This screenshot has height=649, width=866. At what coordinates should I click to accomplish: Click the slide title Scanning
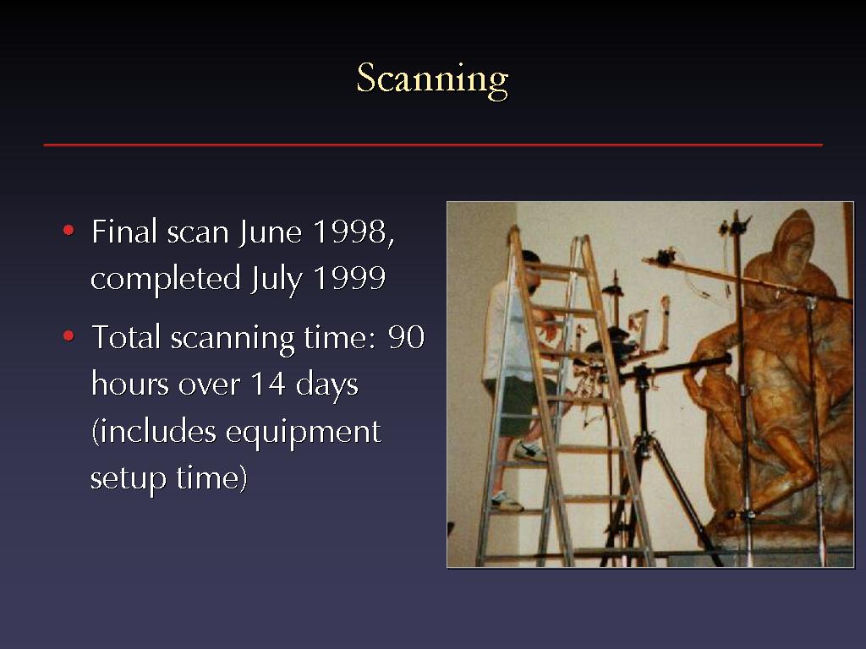click(432, 79)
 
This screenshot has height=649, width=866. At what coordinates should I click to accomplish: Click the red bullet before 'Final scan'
click(69, 230)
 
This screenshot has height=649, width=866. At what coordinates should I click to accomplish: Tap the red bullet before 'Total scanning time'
click(69, 335)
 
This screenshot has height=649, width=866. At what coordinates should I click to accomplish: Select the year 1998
click(349, 232)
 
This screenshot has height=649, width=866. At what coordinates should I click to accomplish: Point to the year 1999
click(349, 277)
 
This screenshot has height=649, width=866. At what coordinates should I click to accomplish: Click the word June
click(271, 232)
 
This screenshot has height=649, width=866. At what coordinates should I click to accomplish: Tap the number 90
click(407, 337)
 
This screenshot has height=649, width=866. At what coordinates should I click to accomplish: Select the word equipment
click(304, 432)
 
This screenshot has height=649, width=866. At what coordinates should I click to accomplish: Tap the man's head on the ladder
click(529, 271)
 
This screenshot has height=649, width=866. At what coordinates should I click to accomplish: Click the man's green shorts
click(518, 405)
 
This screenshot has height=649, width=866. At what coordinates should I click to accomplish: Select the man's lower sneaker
click(506, 501)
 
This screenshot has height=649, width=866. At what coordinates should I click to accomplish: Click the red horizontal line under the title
click(433, 145)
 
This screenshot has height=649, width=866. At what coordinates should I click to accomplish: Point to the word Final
click(125, 232)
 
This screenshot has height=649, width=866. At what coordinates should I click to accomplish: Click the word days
click(327, 384)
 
